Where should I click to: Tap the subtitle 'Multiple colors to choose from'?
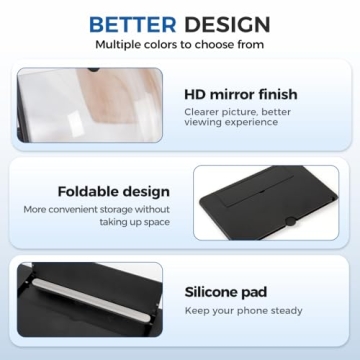coord(180,45)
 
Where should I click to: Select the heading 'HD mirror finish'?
coord(240,95)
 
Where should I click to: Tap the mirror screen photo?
coord(90,106)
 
